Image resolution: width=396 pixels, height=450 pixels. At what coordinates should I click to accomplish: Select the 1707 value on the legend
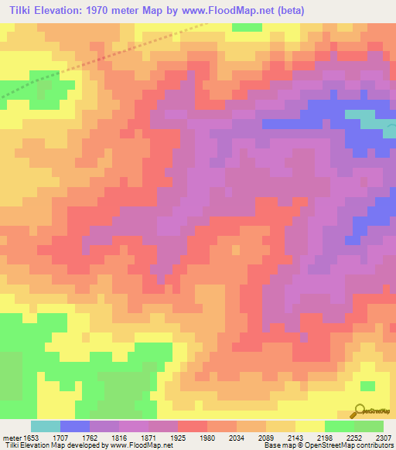(60, 438)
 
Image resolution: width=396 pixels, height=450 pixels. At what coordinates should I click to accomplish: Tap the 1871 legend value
(148, 438)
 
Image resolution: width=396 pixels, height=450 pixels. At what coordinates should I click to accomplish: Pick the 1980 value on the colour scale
(207, 438)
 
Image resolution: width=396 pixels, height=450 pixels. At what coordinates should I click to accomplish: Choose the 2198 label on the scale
(325, 438)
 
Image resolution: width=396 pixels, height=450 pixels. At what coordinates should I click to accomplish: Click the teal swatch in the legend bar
(46, 426)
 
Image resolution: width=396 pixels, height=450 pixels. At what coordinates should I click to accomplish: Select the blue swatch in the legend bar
(75, 426)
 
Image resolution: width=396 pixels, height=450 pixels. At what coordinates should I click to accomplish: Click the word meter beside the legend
(10, 438)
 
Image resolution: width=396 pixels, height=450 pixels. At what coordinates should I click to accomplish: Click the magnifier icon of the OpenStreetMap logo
(360, 411)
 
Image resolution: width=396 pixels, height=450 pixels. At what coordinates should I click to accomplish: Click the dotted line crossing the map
(116, 57)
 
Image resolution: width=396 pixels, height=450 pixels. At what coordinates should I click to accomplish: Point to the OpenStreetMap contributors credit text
(340, 446)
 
